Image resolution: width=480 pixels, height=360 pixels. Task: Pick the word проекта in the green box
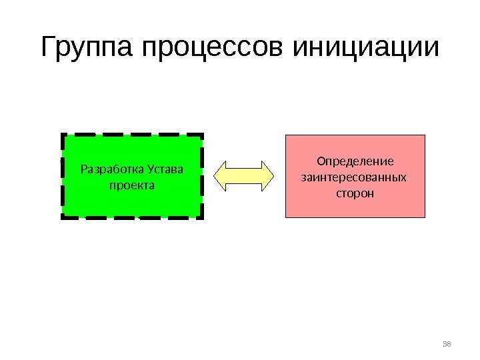click(x=131, y=184)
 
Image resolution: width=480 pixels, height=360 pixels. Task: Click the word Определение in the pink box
click(x=355, y=162)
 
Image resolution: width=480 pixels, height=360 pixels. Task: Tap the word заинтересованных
click(x=354, y=178)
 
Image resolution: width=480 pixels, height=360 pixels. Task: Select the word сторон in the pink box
click(x=355, y=194)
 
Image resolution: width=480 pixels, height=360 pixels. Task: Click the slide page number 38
click(x=447, y=344)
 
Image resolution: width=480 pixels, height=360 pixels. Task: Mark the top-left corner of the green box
click(x=63, y=135)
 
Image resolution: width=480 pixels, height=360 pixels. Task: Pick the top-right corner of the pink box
click(x=425, y=135)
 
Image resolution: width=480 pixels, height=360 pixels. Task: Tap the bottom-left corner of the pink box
click(x=286, y=218)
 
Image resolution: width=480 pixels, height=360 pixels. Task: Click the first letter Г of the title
click(x=49, y=48)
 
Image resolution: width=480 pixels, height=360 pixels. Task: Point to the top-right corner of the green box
click(x=202, y=135)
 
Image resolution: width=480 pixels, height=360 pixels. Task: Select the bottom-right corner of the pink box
click(x=425, y=218)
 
